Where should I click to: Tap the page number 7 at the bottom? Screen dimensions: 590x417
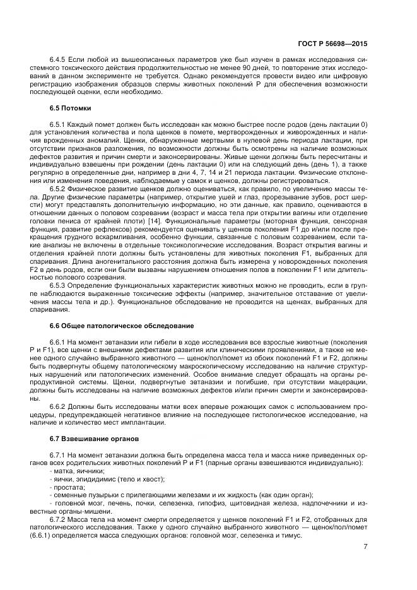[x=365, y=546]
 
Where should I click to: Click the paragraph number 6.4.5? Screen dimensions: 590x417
[x=59, y=67]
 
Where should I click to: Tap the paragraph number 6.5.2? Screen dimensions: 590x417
[x=59, y=189]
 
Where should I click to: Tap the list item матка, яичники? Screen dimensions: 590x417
[x=79, y=471]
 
